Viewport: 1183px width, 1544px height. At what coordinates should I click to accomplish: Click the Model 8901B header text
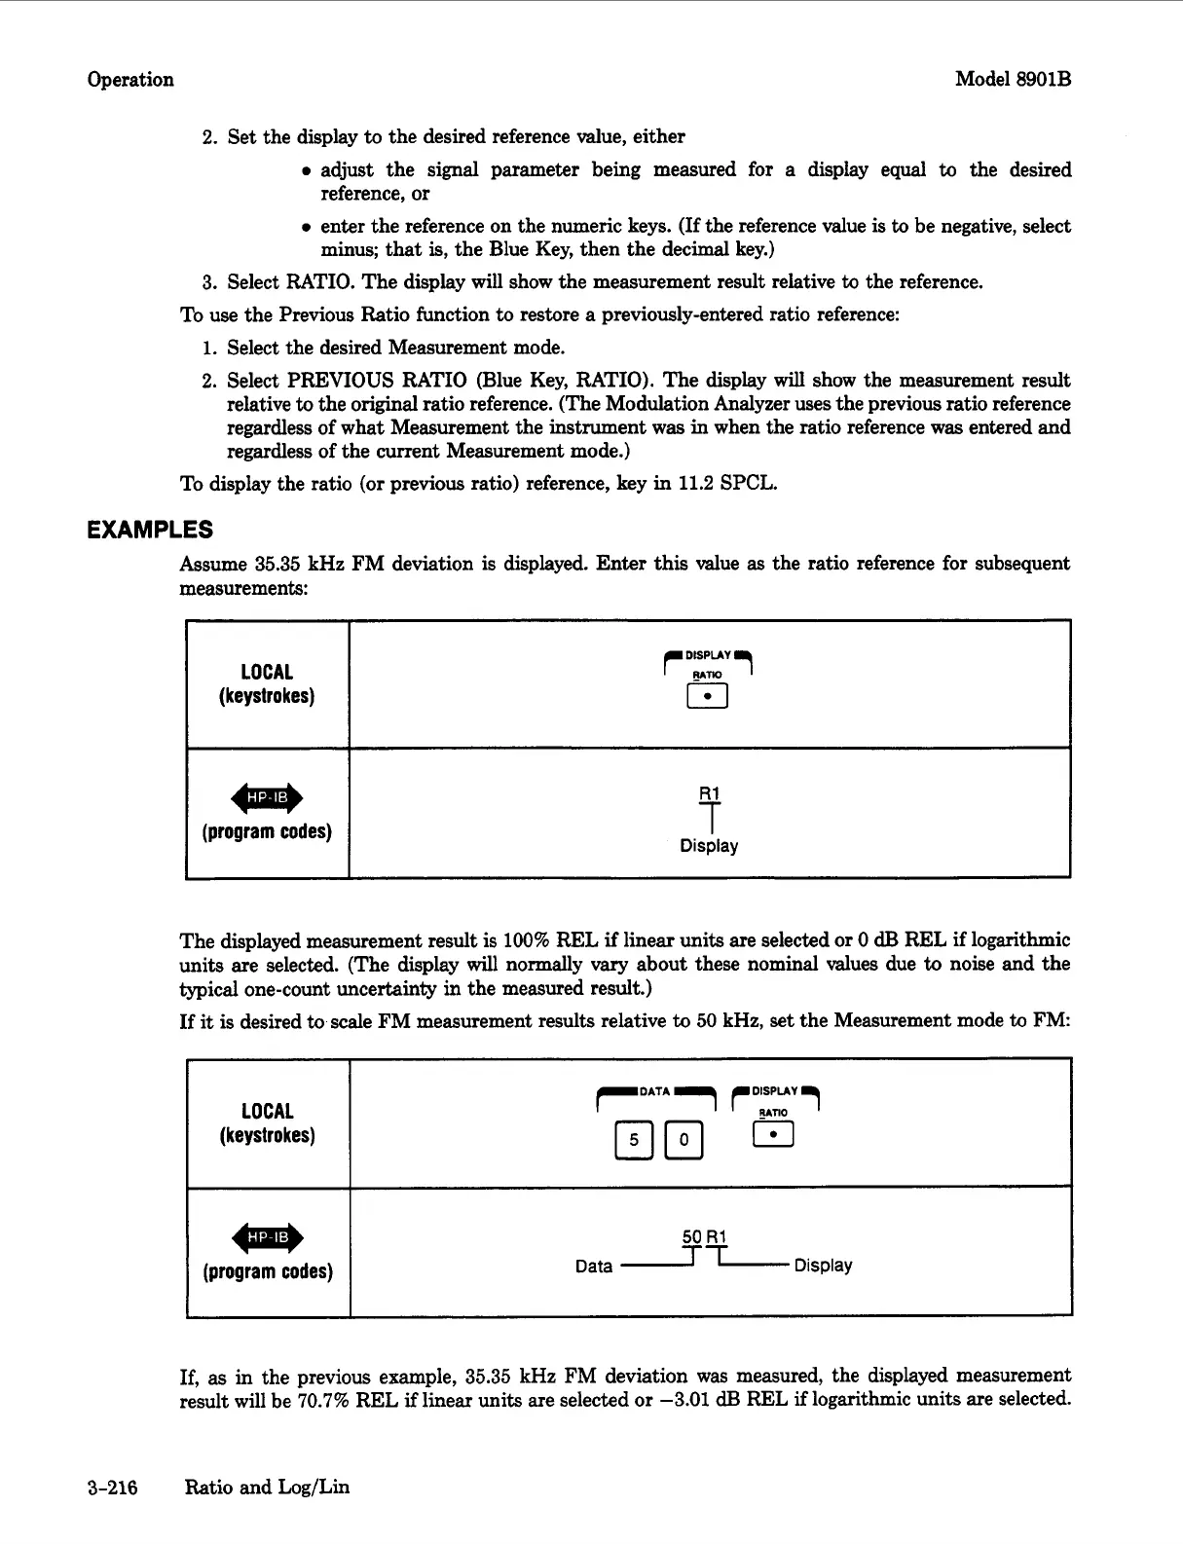click(1013, 79)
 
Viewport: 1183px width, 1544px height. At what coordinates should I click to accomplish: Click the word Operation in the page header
click(130, 80)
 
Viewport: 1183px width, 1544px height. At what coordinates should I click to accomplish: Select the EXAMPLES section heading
click(149, 530)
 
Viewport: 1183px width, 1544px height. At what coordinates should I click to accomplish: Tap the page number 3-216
click(112, 1487)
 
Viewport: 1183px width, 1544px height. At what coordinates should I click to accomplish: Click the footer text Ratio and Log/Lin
click(267, 1487)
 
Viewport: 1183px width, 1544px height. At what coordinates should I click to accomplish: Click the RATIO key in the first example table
click(708, 696)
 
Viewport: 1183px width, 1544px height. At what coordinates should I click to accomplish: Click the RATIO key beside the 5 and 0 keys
click(773, 1135)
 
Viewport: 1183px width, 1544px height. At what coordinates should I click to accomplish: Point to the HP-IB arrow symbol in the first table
click(266, 798)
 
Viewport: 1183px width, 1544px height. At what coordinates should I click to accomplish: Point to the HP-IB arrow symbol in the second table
click(267, 1237)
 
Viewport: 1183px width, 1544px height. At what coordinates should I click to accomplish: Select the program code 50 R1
click(704, 1237)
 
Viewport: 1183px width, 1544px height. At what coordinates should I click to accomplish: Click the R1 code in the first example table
click(709, 793)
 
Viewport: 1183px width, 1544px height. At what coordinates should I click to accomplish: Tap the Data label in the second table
click(594, 1267)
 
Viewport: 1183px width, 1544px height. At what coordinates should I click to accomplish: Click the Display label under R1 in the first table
click(709, 846)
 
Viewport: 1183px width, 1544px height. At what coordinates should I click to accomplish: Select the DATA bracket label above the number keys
click(654, 1091)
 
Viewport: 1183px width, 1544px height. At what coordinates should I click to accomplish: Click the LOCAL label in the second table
click(267, 1111)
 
